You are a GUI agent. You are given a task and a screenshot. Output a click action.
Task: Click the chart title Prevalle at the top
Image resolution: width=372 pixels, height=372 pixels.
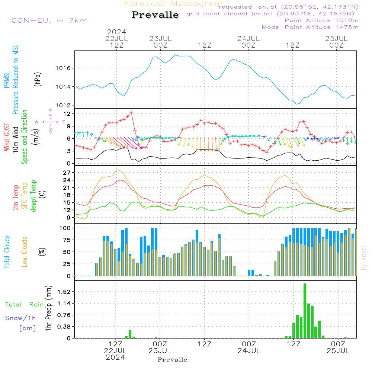coord(155,15)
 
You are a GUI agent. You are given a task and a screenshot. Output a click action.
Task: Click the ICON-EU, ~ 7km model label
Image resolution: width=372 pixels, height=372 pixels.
coord(48,20)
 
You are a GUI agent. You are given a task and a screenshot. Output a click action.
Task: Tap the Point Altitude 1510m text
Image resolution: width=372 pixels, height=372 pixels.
coord(321,20)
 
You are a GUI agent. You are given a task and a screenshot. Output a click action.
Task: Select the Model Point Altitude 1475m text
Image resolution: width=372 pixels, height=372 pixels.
coord(310,27)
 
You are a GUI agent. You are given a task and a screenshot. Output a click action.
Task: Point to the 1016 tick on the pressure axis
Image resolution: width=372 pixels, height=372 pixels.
coord(64,68)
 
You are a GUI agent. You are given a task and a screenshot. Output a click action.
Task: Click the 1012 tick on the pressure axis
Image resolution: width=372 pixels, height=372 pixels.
coord(64,105)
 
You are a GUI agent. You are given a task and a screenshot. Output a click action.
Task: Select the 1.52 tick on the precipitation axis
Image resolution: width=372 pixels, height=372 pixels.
coord(64,292)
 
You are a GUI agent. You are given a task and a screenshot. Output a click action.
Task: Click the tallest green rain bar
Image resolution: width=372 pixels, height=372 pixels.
coord(305,311)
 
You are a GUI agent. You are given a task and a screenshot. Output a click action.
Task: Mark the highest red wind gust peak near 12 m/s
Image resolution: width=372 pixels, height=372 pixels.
coord(131,112)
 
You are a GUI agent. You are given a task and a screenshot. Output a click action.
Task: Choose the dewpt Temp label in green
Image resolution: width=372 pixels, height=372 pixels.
coord(34,196)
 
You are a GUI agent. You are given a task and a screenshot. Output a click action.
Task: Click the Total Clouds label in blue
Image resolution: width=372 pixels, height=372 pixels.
coord(7,252)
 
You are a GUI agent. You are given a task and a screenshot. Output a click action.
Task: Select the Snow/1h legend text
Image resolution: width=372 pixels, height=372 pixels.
coord(21,318)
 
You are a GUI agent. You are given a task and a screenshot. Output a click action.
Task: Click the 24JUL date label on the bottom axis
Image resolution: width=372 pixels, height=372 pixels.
coord(248,351)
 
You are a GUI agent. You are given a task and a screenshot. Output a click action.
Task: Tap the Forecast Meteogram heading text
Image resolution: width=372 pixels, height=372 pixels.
coord(173,4)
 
